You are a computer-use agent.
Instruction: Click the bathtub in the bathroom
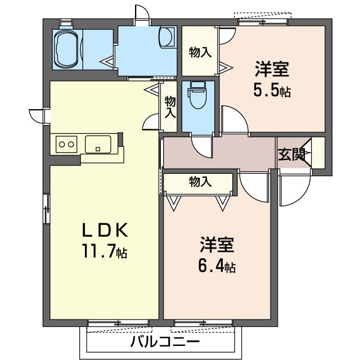click(x=66, y=49)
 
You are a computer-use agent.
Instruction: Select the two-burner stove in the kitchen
click(x=66, y=144)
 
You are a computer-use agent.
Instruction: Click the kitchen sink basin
click(x=98, y=144)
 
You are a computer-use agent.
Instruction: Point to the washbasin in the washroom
click(x=167, y=38)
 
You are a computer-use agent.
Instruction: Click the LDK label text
click(x=105, y=230)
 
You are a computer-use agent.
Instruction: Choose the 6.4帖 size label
click(x=217, y=265)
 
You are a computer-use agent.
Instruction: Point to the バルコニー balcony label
click(x=165, y=342)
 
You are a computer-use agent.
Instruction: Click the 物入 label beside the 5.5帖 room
click(x=200, y=52)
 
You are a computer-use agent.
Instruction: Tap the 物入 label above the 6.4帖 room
click(x=200, y=182)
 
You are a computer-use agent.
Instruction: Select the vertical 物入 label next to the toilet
click(x=170, y=107)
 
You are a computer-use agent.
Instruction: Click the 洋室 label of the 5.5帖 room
click(x=272, y=69)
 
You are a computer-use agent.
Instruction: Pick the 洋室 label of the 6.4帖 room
click(x=217, y=245)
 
